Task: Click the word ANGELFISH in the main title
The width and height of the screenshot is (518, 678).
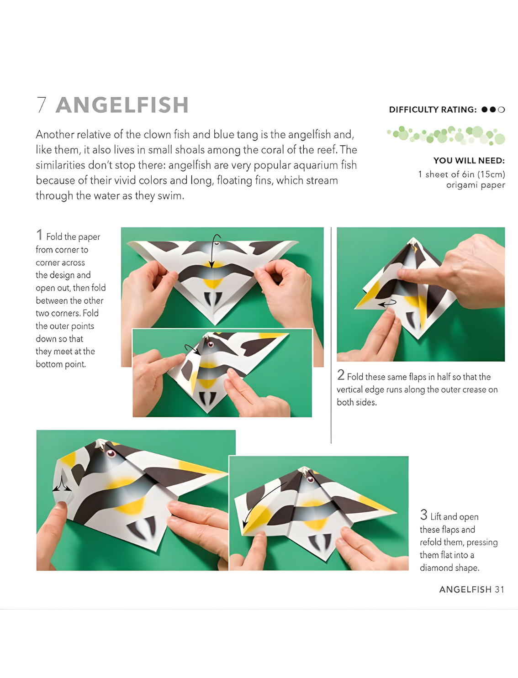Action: [x=122, y=105]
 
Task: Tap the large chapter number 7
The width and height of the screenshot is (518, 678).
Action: [x=42, y=105]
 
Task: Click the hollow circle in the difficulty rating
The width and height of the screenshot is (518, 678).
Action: [x=502, y=110]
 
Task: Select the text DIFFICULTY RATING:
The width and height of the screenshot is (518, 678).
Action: [x=433, y=110]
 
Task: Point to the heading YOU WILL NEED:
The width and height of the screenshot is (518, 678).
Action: [x=469, y=161]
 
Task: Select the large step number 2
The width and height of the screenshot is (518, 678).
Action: [x=341, y=375]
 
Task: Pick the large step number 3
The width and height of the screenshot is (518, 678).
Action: [x=423, y=515]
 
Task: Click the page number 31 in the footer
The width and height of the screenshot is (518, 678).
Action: [x=499, y=590]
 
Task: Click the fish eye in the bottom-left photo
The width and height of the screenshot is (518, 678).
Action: [x=111, y=453]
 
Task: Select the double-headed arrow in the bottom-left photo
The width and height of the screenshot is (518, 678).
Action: [x=62, y=483]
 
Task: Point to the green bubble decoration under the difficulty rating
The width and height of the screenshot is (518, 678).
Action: [x=446, y=135]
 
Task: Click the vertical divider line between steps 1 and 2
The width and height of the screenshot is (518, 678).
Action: [x=331, y=335]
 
